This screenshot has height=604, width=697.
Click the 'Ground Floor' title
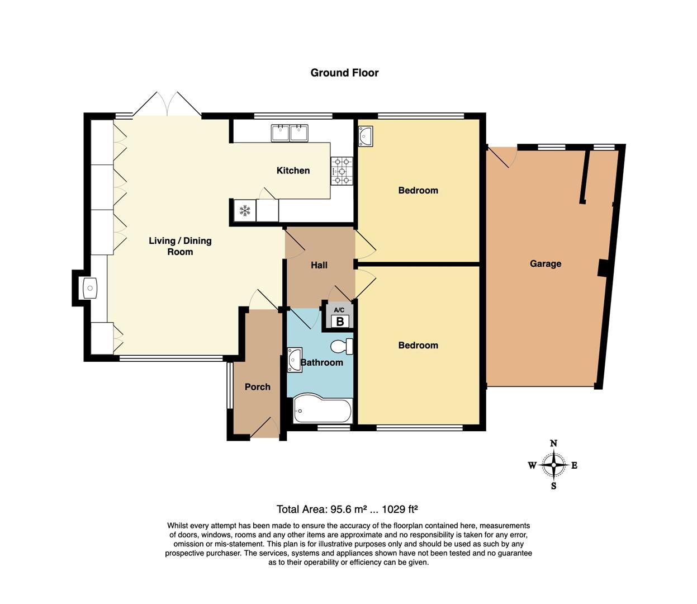coord(344,73)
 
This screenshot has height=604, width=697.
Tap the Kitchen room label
coord(293,171)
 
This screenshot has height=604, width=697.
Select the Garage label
coord(545,263)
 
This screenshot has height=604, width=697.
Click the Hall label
coord(319,265)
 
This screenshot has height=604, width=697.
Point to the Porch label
coord(257,386)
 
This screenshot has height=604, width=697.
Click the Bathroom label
coord(322,362)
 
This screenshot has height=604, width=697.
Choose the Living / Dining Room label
coord(180,246)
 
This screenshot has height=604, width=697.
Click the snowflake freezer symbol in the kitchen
coord(244,211)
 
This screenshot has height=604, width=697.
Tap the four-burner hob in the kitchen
coord(342,171)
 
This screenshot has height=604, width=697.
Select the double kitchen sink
coord(290,133)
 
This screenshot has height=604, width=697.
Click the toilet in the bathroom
coord(341,347)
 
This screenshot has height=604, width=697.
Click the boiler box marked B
coord(339,322)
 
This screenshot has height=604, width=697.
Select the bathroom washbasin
coord(295,360)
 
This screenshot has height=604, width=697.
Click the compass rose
coord(553,465)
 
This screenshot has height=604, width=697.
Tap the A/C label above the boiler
coord(339,310)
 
